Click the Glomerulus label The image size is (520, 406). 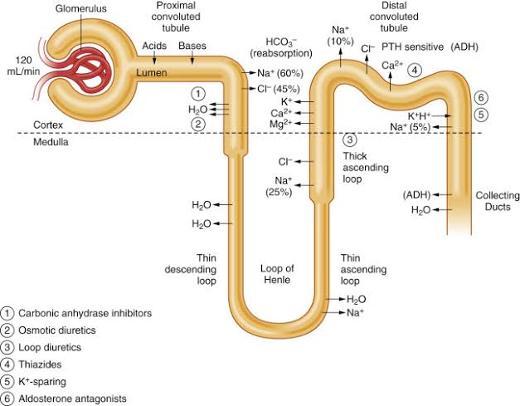pos(81,8)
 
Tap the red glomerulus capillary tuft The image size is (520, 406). pos(87,71)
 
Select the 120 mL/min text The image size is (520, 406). pos(23,66)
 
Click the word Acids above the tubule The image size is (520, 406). pos(154,46)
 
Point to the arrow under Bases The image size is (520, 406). pos(192,58)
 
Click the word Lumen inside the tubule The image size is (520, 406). pos(152,73)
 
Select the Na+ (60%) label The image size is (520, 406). pos(280,73)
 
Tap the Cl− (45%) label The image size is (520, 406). pos(279,89)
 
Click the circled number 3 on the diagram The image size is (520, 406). pos(349,139)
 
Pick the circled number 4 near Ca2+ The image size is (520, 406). pos(415,70)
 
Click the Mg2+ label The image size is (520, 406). pos(281,124)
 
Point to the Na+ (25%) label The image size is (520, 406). pos(279,186)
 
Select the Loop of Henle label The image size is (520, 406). pos(277,274)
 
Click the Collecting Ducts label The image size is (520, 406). pos(498,201)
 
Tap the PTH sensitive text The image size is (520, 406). pos(412,46)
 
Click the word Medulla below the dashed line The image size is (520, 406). pos(51,142)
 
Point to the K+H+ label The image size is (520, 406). pos(419,115)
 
